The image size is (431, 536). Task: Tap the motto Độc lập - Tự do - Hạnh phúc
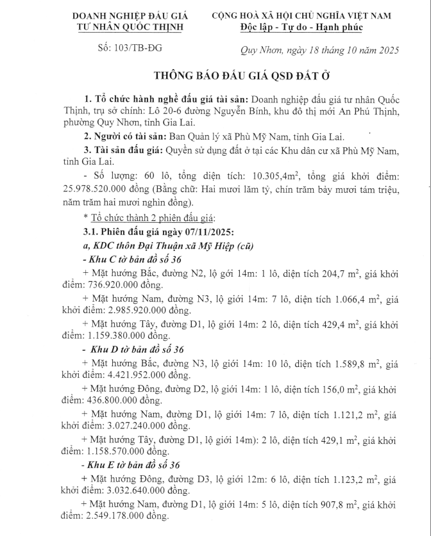310,28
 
